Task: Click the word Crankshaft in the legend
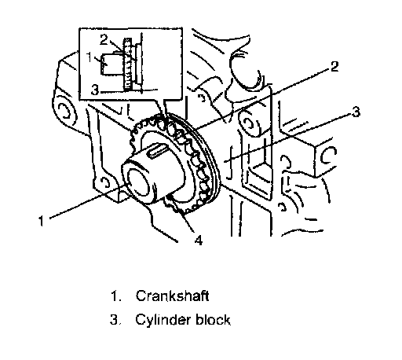click(x=172, y=296)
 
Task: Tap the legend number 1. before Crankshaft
click(x=116, y=296)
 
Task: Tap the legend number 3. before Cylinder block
click(x=115, y=320)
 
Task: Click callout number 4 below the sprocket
click(x=199, y=240)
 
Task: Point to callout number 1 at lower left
click(x=42, y=221)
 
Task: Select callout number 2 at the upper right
click(x=334, y=66)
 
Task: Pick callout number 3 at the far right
click(x=356, y=112)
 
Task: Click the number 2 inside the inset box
click(x=104, y=40)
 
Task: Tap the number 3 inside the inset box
click(x=95, y=90)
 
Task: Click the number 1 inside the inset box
click(x=90, y=57)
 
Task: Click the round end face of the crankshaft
click(x=139, y=182)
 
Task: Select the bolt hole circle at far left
click(x=64, y=112)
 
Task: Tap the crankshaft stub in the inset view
click(x=111, y=64)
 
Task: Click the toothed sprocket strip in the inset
click(x=127, y=64)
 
